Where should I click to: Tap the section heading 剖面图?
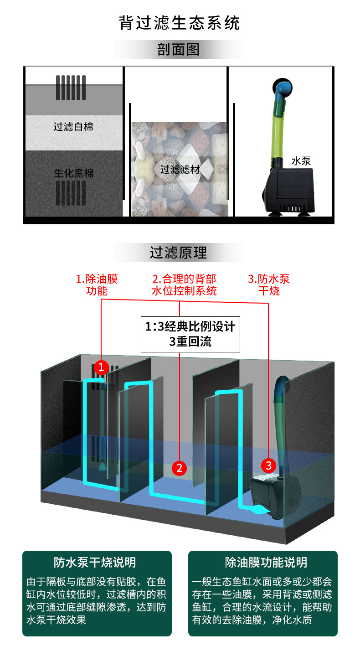(178, 49)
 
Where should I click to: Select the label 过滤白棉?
(73, 127)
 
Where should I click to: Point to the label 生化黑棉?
(73, 173)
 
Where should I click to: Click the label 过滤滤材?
(180, 170)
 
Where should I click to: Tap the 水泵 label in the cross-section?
(301, 161)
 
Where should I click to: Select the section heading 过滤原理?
(178, 252)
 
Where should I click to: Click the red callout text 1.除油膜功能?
(97, 284)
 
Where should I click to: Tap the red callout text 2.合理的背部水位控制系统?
(184, 284)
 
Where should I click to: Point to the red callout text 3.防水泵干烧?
(268, 284)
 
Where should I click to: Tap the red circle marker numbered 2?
(179, 467)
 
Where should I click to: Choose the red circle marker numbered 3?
(268, 465)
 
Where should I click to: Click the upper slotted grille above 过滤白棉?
(71, 87)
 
